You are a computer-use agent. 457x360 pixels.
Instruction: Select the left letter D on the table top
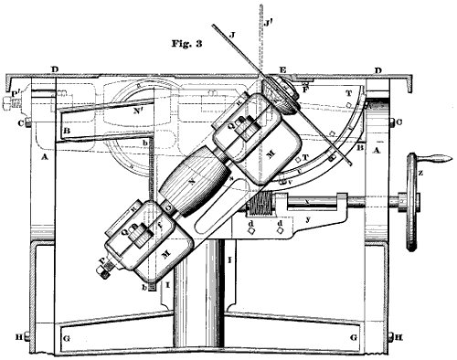click(56, 69)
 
